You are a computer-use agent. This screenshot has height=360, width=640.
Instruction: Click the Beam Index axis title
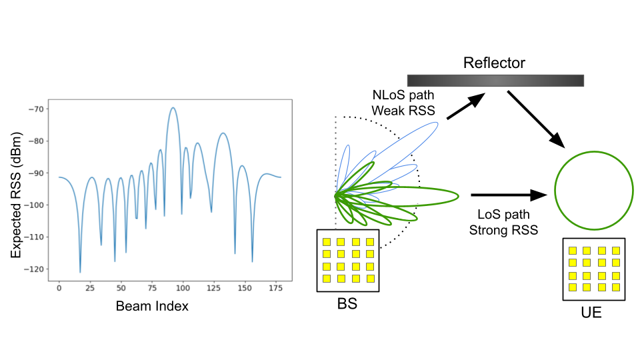coord(152,306)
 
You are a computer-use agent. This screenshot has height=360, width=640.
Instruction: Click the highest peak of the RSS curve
coord(173,107)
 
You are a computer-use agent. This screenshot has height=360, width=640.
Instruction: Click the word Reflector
coord(494,63)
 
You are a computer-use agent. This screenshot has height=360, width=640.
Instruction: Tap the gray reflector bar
coord(495,80)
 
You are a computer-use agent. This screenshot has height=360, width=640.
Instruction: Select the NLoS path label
coord(397,96)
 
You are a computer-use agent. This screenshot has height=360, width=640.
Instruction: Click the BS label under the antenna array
coord(347,305)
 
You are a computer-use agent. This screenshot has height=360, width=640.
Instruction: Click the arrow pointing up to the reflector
coord(465,107)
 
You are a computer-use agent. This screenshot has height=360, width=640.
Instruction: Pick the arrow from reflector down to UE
coord(536,119)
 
